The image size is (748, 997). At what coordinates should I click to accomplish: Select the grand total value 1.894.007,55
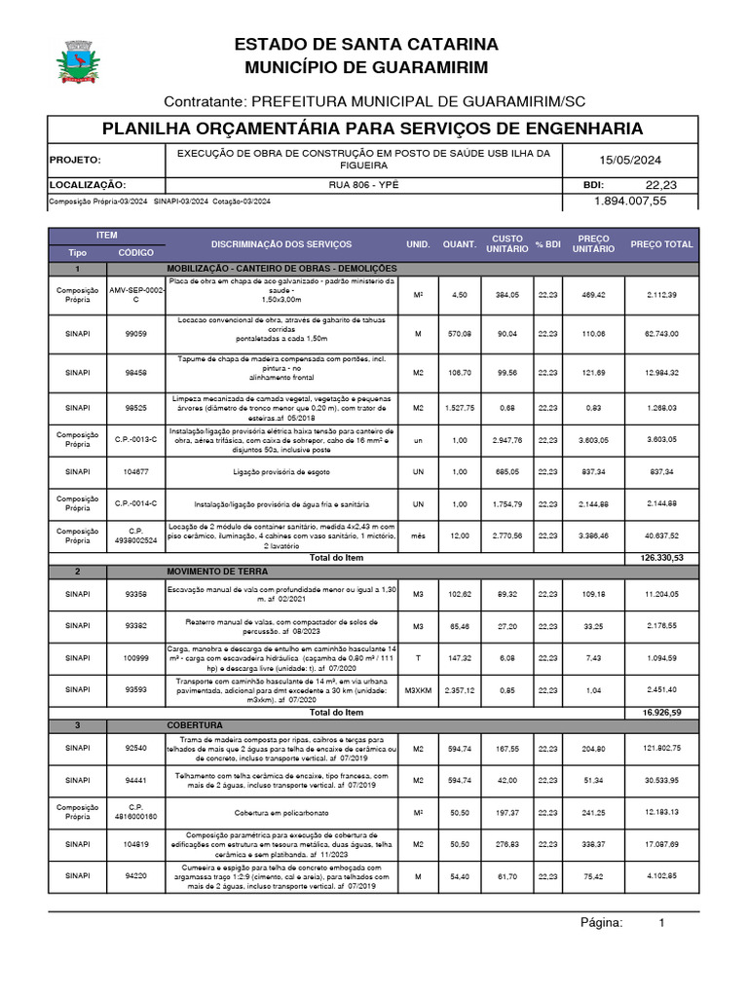(x=630, y=201)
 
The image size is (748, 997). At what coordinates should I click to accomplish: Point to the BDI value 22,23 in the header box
(x=660, y=185)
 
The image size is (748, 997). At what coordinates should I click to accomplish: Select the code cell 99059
(x=136, y=334)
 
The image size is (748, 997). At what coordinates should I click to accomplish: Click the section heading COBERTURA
(x=196, y=725)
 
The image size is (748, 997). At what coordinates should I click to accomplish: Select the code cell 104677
(x=136, y=471)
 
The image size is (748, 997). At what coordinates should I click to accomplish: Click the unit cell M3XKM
(x=418, y=689)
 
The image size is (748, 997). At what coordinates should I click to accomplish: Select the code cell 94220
(x=136, y=876)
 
